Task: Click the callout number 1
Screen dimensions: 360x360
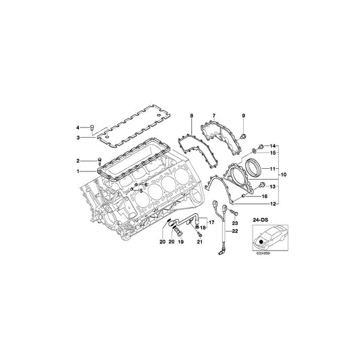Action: [x=78, y=172]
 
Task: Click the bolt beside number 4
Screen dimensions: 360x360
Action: [x=94, y=127]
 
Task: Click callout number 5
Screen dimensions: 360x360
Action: [x=141, y=191]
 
